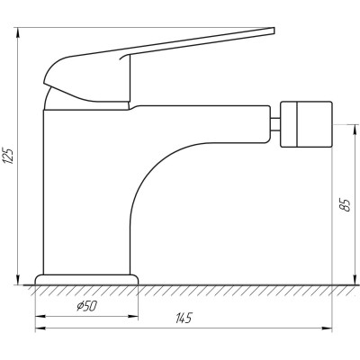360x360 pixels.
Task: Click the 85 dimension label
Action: pyautogui.click(x=346, y=205)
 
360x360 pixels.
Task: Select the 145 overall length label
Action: pyautogui.click(x=184, y=318)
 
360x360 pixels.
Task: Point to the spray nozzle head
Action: pyautogui.click(x=306, y=124)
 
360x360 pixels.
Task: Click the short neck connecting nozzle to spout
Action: pyautogui.click(x=274, y=124)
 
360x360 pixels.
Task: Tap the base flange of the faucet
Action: pyautogui.click(x=87, y=279)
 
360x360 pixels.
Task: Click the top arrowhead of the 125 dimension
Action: pyautogui.click(x=18, y=32)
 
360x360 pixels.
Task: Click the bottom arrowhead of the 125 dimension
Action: pyautogui.click(x=18, y=280)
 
